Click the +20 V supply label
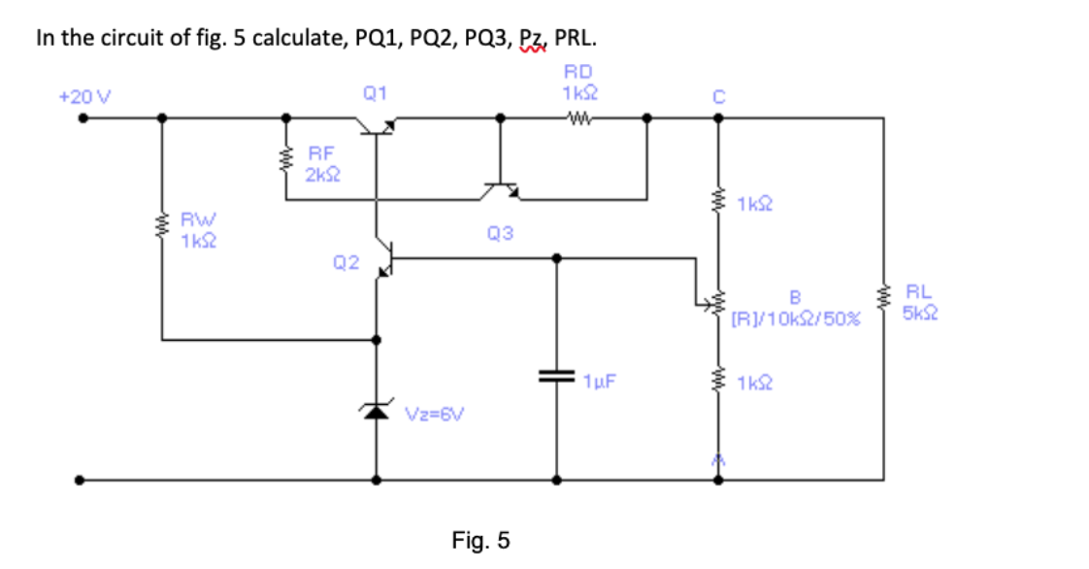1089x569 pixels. [84, 97]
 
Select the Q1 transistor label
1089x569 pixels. [375, 93]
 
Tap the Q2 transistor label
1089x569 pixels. [346, 263]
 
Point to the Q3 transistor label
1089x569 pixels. [501, 233]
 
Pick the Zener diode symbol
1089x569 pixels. [378, 412]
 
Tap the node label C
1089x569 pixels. [718, 94]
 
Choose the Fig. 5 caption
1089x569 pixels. [480, 540]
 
